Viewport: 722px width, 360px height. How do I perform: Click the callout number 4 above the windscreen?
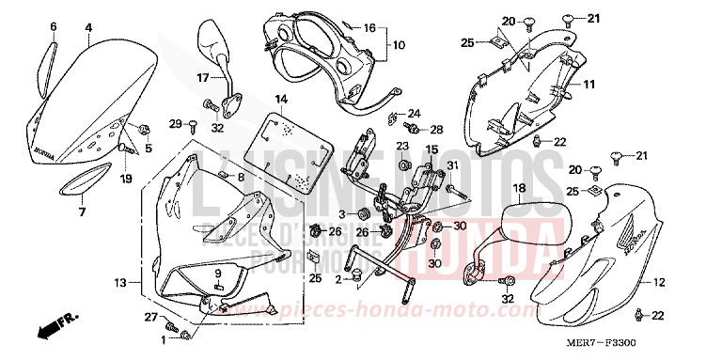coord(87,28)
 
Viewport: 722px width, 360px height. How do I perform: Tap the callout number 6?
coord(53,28)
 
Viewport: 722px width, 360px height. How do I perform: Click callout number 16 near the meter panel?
coord(369,28)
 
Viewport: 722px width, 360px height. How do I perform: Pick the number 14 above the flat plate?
coord(280,99)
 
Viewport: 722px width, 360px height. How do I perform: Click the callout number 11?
coord(589,86)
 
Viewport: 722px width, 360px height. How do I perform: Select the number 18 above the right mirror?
coord(518,189)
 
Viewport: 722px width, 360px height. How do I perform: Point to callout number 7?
coord(82,211)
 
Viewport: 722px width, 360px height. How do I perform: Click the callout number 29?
coord(174,124)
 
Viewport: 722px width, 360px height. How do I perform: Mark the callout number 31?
coord(451,165)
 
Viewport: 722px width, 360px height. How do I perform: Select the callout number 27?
coord(149,319)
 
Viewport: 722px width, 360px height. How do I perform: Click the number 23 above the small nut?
coord(401,147)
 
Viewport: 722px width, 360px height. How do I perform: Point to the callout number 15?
coord(433,149)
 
